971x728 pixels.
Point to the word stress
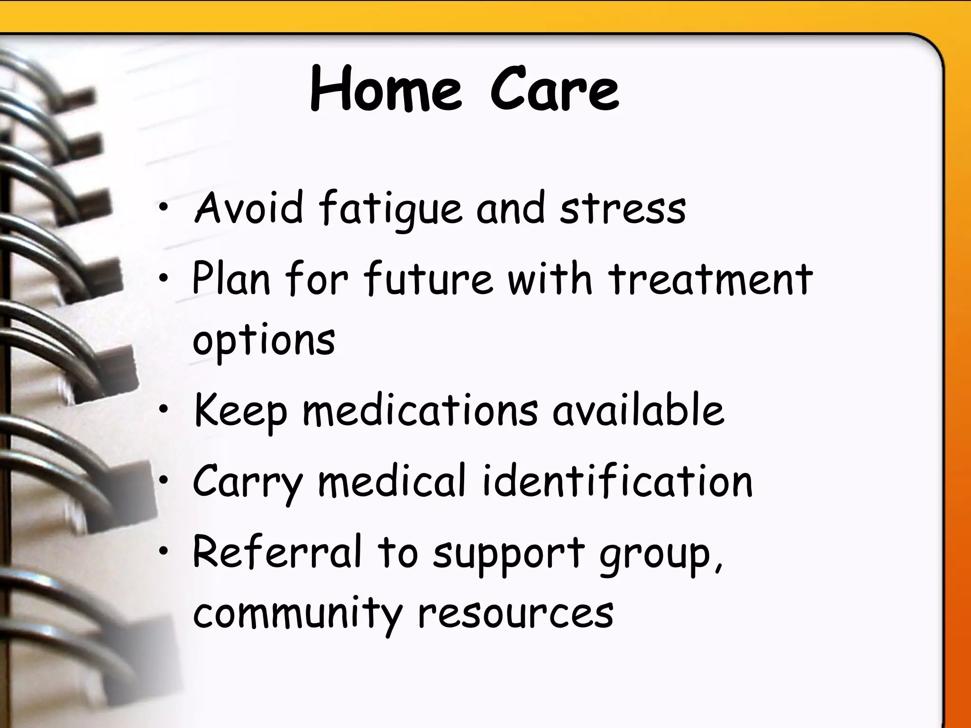pyautogui.click(x=623, y=209)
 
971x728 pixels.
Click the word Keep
pyautogui.click(x=241, y=410)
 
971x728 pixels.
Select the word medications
pyautogui.click(x=420, y=409)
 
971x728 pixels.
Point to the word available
pyautogui.click(x=638, y=409)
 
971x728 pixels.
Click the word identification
pyautogui.click(x=617, y=481)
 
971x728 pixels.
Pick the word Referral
pyautogui.click(x=277, y=552)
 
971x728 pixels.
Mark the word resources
pyautogui.click(x=515, y=614)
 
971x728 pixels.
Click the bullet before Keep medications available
pyautogui.click(x=164, y=410)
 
